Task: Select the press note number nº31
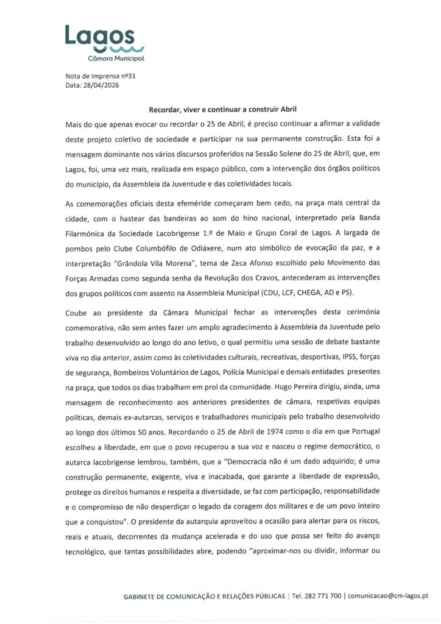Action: click(110, 76)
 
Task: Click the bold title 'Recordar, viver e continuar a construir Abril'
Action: click(222, 110)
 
